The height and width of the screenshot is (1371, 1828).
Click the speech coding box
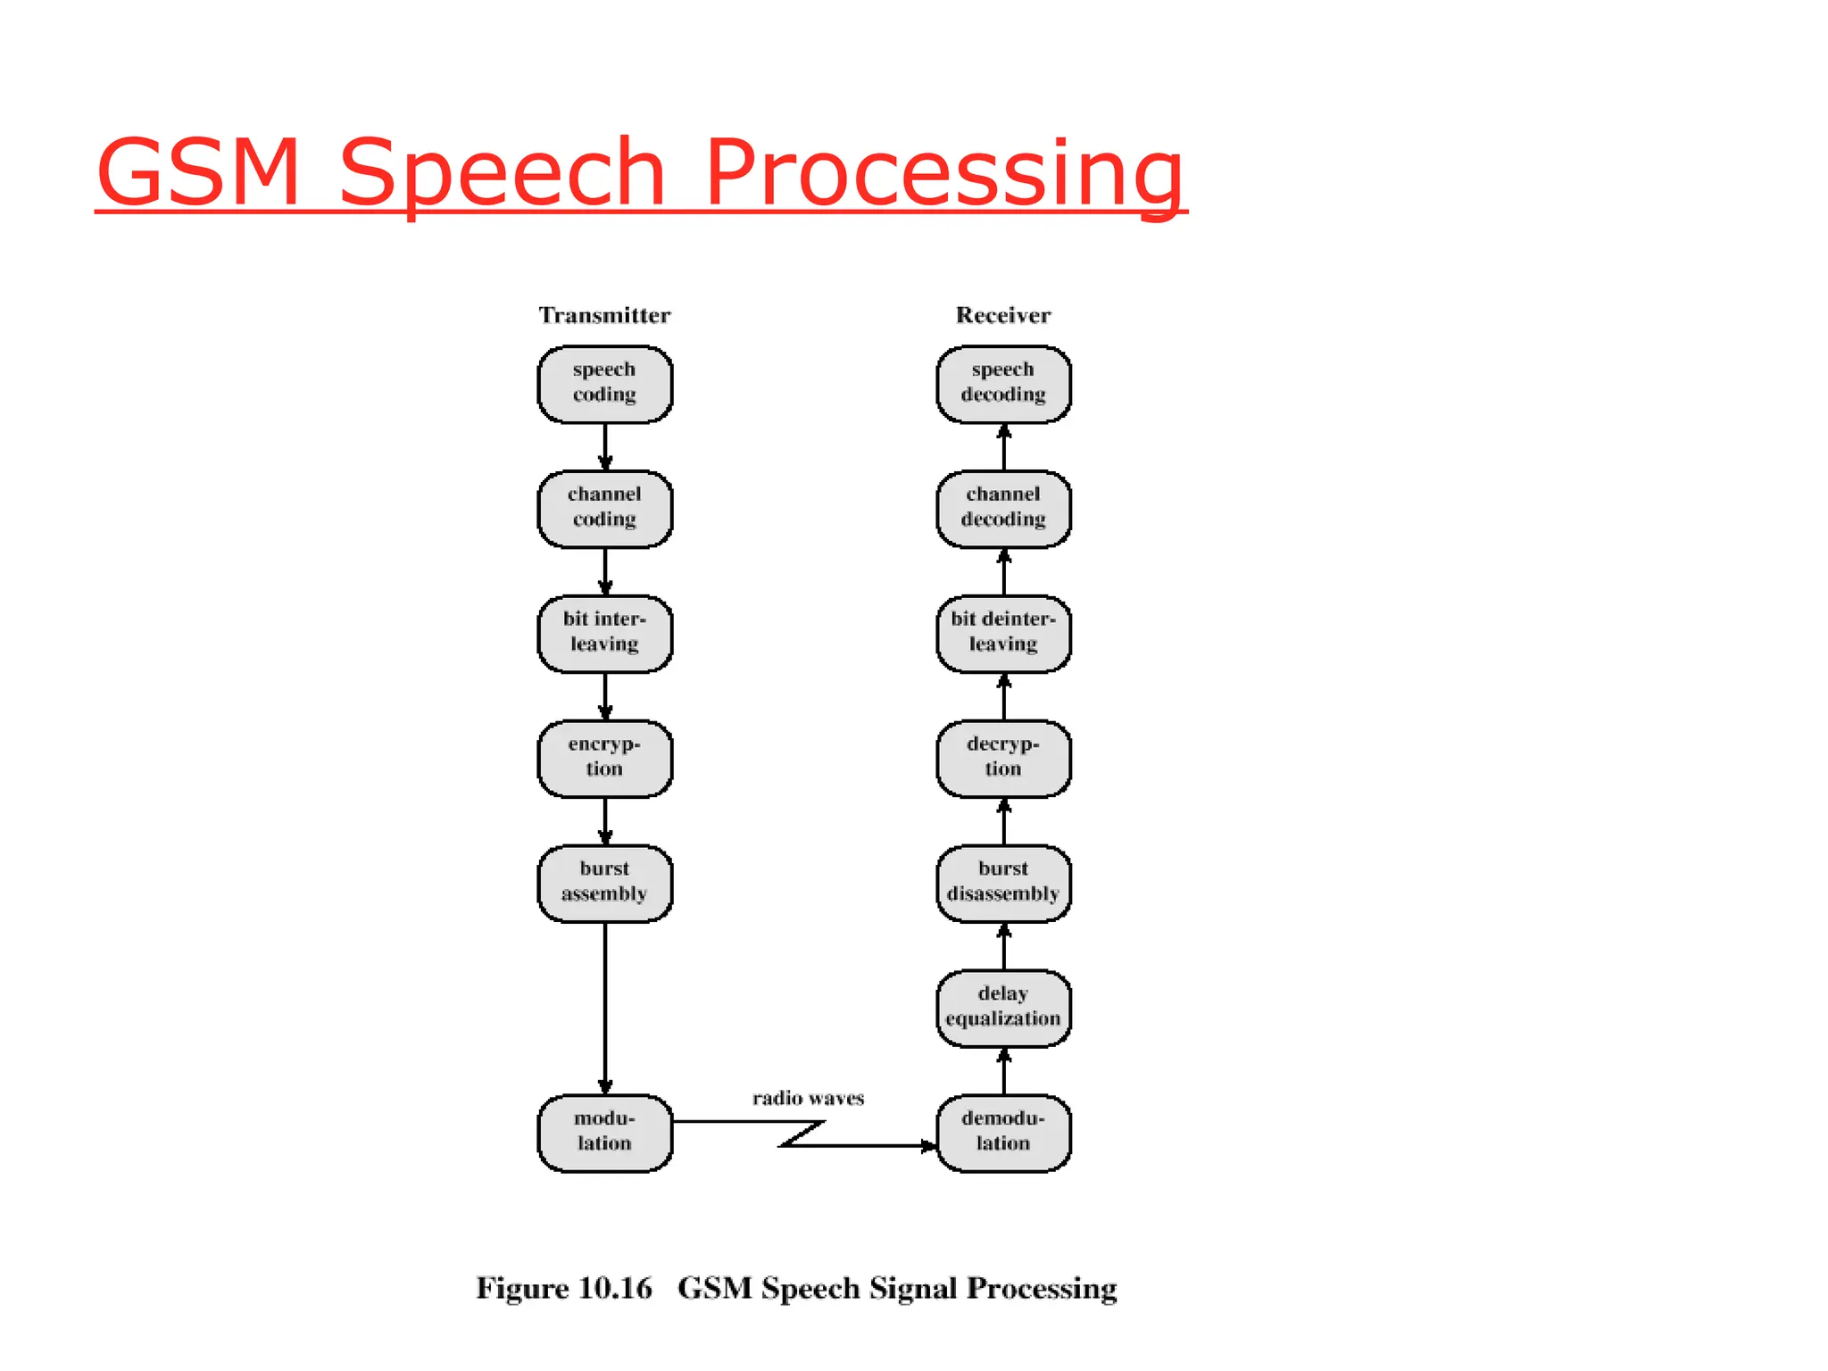(604, 384)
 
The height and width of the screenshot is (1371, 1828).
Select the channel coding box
(604, 509)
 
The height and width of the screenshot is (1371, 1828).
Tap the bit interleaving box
(604, 634)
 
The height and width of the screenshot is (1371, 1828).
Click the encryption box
(604, 759)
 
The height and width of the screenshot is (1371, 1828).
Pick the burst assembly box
(604, 884)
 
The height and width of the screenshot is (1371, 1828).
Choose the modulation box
(604, 1133)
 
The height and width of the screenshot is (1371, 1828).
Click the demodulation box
(1003, 1133)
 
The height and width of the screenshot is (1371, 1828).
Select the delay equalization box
(1003, 1008)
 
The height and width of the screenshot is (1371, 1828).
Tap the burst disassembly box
(1003, 884)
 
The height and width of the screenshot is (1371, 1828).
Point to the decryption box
(1003, 759)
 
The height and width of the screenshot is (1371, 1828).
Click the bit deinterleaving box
(1003, 634)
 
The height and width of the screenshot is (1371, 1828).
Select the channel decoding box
(1003, 509)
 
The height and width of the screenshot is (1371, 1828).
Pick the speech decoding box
(1003, 384)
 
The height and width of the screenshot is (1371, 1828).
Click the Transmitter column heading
(604, 315)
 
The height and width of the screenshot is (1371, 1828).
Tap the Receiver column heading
(1003, 315)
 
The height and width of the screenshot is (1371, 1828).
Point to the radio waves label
(808, 1099)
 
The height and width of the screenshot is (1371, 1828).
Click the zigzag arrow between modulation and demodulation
(803, 1134)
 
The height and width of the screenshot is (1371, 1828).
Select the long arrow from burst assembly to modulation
(605, 1009)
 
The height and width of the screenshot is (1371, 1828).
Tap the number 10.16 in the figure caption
(615, 1289)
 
